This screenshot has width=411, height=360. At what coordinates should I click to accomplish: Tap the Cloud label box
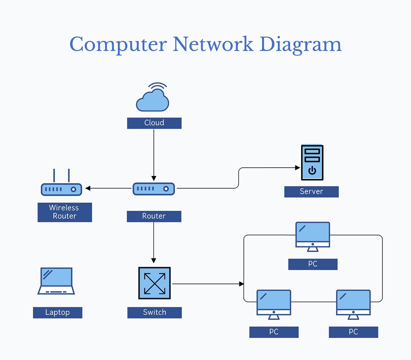click(x=154, y=123)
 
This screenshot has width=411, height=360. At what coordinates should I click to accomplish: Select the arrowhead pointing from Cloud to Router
click(x=154, y=178)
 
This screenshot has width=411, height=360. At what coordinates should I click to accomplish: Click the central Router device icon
click(x=154, y=189)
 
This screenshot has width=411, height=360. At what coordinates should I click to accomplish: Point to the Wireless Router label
click(x=64, y=212)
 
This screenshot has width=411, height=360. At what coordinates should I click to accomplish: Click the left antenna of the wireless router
click(x=54, y=176)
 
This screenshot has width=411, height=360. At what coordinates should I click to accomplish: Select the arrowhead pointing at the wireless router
click(x=88, y=188)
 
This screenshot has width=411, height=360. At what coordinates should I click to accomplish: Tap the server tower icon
click(x=312, y=163)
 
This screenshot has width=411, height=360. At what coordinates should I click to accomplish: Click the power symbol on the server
click(x=312, y=170)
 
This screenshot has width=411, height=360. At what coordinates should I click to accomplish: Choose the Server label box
click(x=311, y=192)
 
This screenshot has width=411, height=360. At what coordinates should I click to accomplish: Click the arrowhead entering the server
click(x=298, y=168)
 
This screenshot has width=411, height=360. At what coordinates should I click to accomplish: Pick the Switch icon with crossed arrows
click(x=154, y=283)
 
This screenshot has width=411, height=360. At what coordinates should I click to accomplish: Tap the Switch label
click(x=154, y=312)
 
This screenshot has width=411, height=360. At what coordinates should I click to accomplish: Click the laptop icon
click(x=56, y=281)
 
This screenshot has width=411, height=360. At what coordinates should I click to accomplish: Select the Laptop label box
click(x=58, y=312)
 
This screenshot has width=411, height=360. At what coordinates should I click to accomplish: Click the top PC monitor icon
click(x=313, y=236)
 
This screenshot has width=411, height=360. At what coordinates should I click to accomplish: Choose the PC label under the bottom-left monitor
click(x=274, y=332)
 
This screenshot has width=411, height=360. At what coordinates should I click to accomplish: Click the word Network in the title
click(x=213, y=45)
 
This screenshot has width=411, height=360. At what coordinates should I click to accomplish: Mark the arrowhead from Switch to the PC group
click(x=241, y=284)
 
